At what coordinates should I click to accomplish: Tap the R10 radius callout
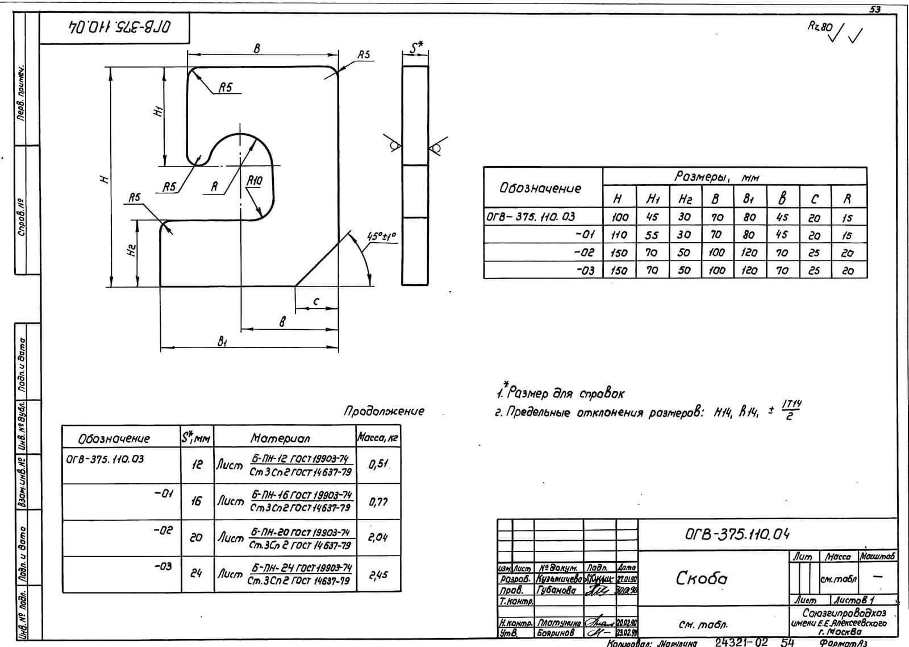tap(255, 181)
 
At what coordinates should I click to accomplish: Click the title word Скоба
tap(701, 578)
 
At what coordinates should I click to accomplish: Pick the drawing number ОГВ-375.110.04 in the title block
tap(737, 534)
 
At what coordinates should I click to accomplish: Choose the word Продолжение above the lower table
tap(384, 411)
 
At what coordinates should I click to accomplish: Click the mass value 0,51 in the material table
tap(378, 464)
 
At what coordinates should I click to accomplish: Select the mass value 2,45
tap(378, 575)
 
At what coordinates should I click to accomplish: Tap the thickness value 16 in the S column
tap(196, 501)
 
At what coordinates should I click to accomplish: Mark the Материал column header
tap(280, 438)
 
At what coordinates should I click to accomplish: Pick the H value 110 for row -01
tap(619, 235)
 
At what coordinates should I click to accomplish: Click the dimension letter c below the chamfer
tap(316, 301)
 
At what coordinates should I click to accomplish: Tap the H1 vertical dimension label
tap(159, 112)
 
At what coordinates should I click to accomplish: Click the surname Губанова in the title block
tap(557, 591)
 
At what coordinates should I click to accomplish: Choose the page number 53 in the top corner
tap(875, 9)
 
